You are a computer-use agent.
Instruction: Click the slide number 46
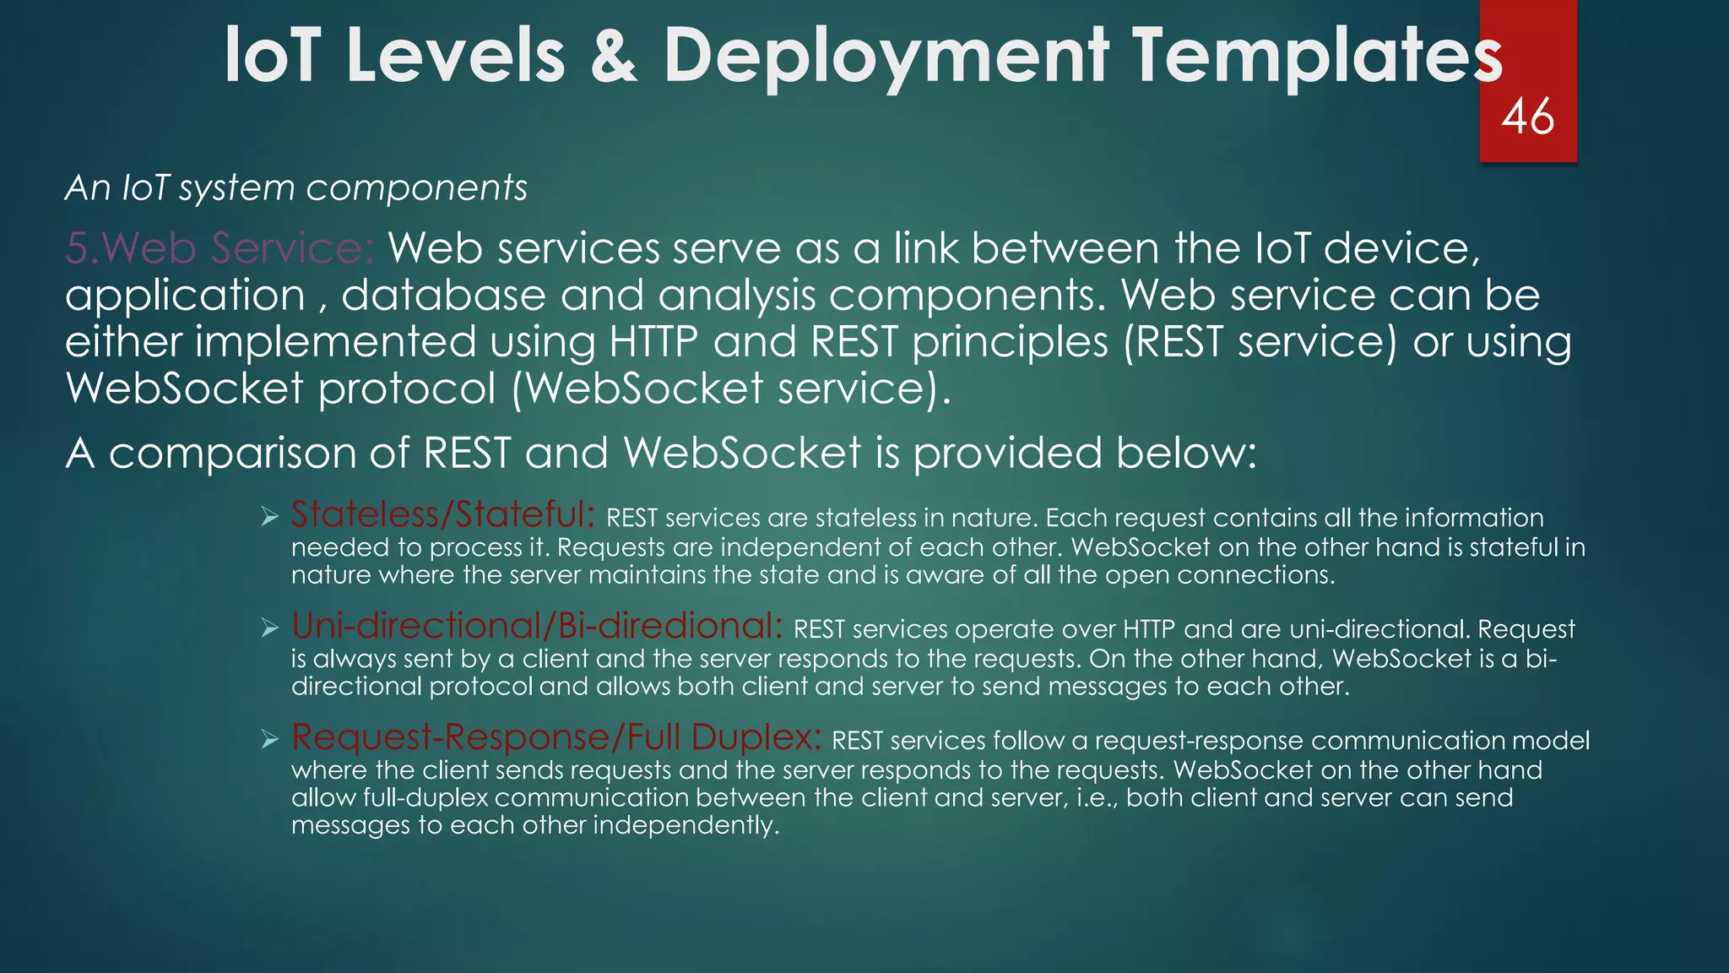pos(1527,117)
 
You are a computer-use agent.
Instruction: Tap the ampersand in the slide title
pos(614,56)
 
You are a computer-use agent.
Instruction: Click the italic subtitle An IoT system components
pos(296,188)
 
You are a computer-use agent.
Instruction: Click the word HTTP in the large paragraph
pos(653,342)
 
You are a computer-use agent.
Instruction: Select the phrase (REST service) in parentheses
pos(1260,342)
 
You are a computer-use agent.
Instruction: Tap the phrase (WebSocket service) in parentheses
pos(731,389)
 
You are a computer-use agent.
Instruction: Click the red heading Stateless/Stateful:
pos(443,514)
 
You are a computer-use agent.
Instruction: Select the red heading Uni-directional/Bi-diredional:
pos(537,626)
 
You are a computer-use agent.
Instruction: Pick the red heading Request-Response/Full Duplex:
pos(556,737)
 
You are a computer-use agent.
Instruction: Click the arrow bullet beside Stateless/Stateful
pos(270,517)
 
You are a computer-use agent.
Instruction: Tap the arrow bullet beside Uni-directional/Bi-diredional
pos(270,628)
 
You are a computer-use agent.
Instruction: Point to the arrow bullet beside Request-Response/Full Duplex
pos(270,740)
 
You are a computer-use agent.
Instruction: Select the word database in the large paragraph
pos(443,296)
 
